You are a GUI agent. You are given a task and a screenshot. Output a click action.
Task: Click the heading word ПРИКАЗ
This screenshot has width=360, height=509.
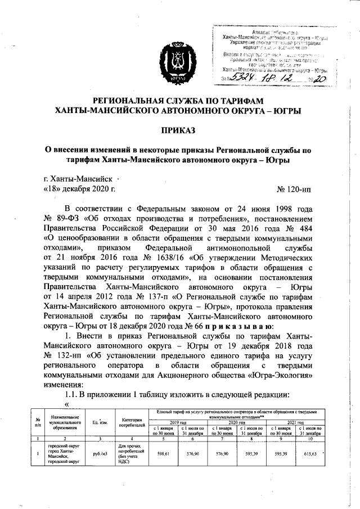point(179,130)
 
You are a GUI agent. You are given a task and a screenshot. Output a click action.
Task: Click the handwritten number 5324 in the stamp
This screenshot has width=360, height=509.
point(246,79)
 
